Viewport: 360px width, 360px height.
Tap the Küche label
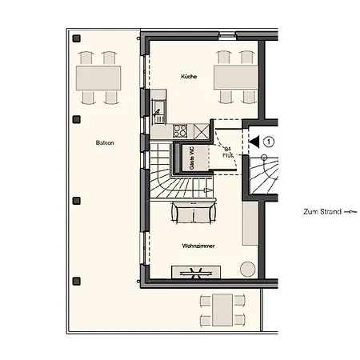[189, 76]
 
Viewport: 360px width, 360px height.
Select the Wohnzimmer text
[197, 246]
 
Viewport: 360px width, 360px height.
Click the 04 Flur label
[227, 152]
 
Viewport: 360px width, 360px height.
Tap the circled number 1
[270, 142]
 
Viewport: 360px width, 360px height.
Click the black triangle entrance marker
[253, 142]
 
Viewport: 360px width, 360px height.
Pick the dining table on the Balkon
[98, 78]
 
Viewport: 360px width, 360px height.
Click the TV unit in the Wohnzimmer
[196, 272]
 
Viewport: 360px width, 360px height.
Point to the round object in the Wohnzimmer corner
[247, 267]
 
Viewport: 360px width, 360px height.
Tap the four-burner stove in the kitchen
[180, 131]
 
